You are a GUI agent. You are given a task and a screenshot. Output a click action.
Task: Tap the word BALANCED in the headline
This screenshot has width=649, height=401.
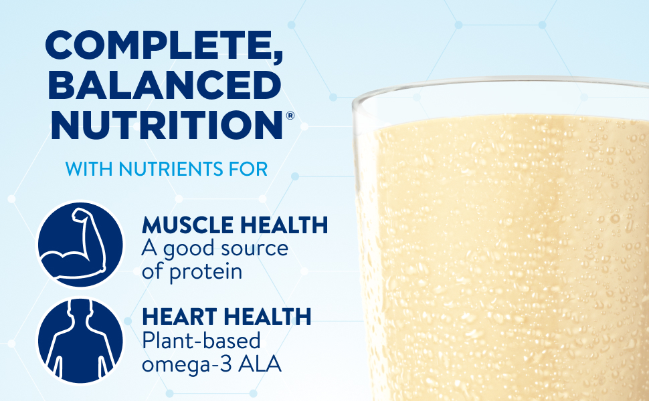tap(165, 85)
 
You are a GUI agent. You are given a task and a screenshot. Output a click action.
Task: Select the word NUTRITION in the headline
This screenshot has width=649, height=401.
tap(167, 125)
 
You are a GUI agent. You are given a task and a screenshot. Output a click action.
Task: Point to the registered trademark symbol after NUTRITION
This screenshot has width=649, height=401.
tap(290, 116)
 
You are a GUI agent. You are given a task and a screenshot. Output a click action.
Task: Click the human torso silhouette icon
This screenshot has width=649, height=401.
tap(80, 340)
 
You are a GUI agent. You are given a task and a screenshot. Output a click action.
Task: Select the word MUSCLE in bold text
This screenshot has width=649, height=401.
tap(187, 225)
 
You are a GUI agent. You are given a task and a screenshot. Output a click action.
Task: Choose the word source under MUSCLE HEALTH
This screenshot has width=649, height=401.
tap(254, 249)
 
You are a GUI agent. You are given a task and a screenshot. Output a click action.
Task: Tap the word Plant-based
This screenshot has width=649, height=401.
tap(201, 341)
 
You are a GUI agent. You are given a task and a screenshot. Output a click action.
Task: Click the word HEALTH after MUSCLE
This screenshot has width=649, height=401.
tap(284, 225)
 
